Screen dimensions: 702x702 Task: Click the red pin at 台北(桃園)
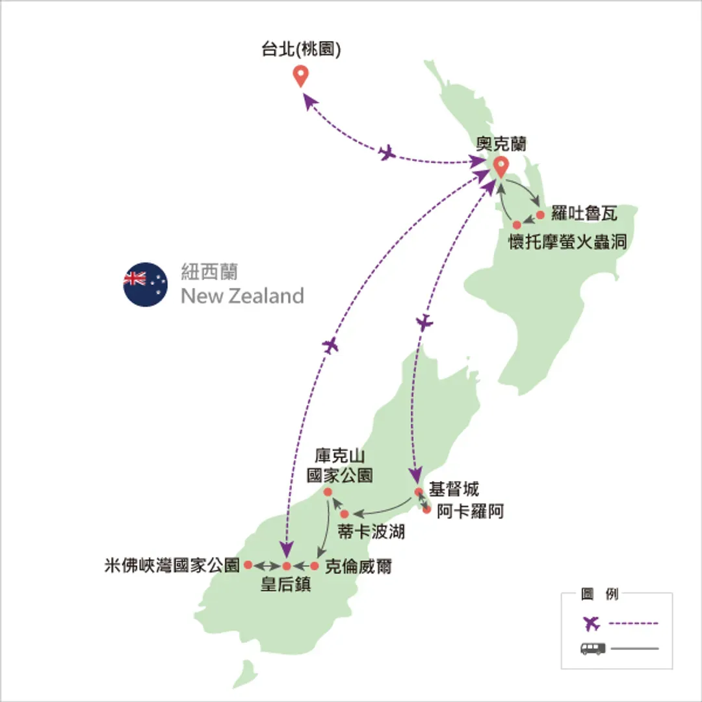[x=300, y=75]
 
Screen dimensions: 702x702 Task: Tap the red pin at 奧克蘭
[x=500, y=166]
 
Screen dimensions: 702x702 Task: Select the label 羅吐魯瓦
[x=584, y=213]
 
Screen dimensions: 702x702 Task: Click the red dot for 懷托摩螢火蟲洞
[x=517, y=225]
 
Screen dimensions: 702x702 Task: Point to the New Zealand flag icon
[x=146, y=284]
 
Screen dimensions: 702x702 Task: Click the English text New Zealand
[x=242, y=296]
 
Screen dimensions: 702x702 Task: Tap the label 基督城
[x=454, y=489]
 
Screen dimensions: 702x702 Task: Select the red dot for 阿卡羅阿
[x=426, y=510]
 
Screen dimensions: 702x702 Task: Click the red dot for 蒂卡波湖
[x=344, y=514]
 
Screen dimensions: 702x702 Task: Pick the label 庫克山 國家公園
[x=340, y=465]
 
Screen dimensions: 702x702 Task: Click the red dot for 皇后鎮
[x=287, y=566]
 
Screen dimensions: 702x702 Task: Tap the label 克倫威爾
[x=358, y=567]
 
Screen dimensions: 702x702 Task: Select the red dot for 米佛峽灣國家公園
[x=248, y=565]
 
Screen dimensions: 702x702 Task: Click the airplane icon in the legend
[x=591, y=623]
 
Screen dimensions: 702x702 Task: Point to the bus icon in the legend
[x=593, y=648]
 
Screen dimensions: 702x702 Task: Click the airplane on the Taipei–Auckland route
[x=387, y=153]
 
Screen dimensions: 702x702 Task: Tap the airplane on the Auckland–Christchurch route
[x=424, y=322]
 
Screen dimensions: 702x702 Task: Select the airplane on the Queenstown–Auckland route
[x=330, y=345]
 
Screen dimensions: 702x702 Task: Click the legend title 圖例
[x=599, y=594]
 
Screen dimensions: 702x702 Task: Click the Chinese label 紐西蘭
[x=209, y=272]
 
